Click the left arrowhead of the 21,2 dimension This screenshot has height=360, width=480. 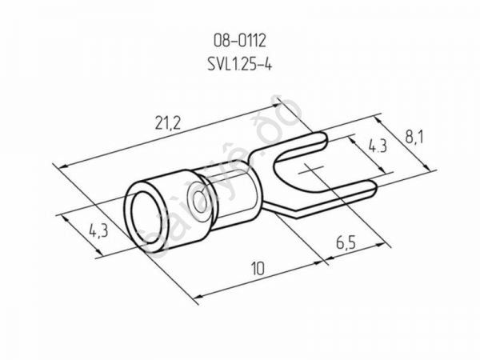pos(64,165)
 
